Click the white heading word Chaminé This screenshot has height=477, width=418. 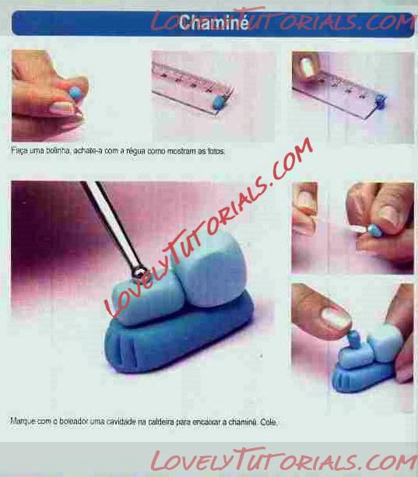(213, 23)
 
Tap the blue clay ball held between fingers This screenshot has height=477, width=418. (75, 93)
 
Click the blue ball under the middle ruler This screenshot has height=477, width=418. (218, 101)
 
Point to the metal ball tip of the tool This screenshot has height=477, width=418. (139, 271)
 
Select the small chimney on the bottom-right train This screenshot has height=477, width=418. (354, 340)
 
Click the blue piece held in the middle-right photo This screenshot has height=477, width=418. (374, 231)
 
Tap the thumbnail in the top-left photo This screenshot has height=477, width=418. (63, 107)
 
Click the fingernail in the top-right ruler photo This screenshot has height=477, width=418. (307, 67)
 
